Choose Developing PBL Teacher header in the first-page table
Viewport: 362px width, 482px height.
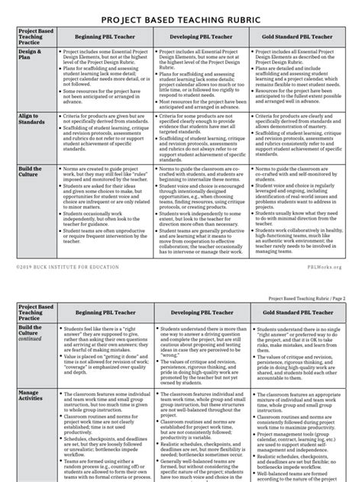pyautogui.click(x=201, y=36)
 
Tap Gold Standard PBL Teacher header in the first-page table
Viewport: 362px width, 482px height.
pyautogui.click(x=297, y=36)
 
